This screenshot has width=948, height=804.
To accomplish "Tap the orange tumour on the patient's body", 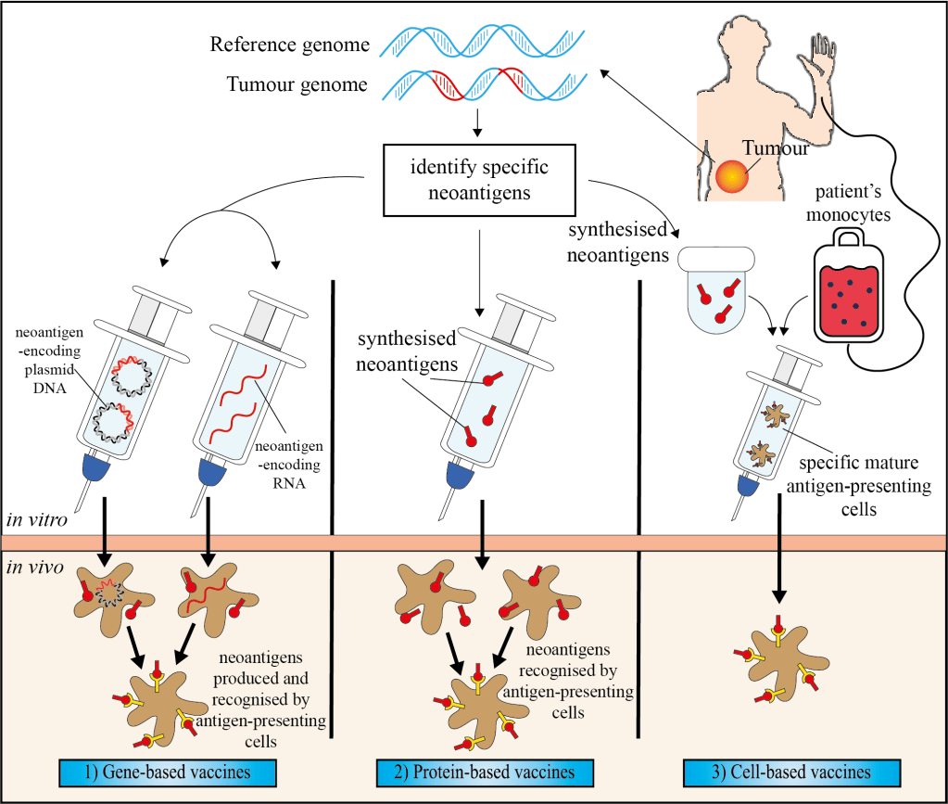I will coord(730,174).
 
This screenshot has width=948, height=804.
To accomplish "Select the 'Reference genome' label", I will coord(289,44).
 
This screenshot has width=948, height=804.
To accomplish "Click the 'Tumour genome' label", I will coord(297,85).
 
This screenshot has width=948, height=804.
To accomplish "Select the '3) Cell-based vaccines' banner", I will coord(790,772).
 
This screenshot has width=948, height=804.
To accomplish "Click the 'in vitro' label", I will coord(36,520).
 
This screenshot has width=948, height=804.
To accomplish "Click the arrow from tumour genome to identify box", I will coord(477,121).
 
